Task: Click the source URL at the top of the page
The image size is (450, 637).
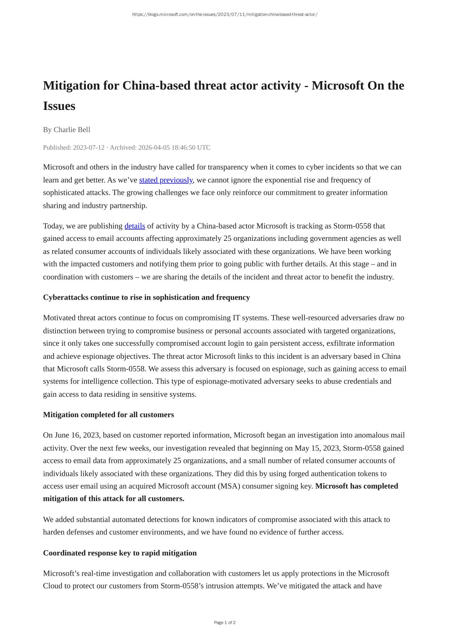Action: tap(225, 15)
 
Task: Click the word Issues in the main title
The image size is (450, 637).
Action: tap(59, 106)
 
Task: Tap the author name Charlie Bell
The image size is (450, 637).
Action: tap(72, 130)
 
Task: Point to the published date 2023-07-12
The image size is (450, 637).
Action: tap(88, 148)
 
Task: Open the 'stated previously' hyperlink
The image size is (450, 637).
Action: tap(166, 180)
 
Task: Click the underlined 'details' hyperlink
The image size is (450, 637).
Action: tap(134, 226)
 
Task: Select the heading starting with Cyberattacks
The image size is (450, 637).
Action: tap(146, 297)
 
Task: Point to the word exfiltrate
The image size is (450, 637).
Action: tap(344, 343)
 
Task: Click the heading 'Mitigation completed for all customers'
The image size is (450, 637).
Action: tap(108, 415)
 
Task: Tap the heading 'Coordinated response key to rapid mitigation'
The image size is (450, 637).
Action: tap(120, 553)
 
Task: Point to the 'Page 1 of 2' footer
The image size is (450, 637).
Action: tap(225, 622)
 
